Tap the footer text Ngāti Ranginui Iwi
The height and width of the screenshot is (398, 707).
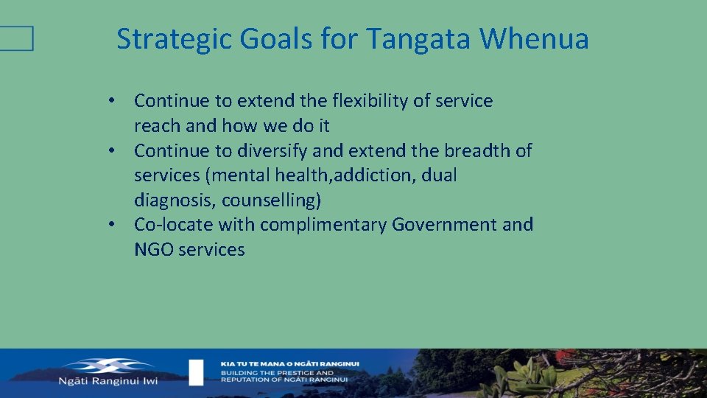(118, 381)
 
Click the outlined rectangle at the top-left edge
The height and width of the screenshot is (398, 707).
(16, 38)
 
